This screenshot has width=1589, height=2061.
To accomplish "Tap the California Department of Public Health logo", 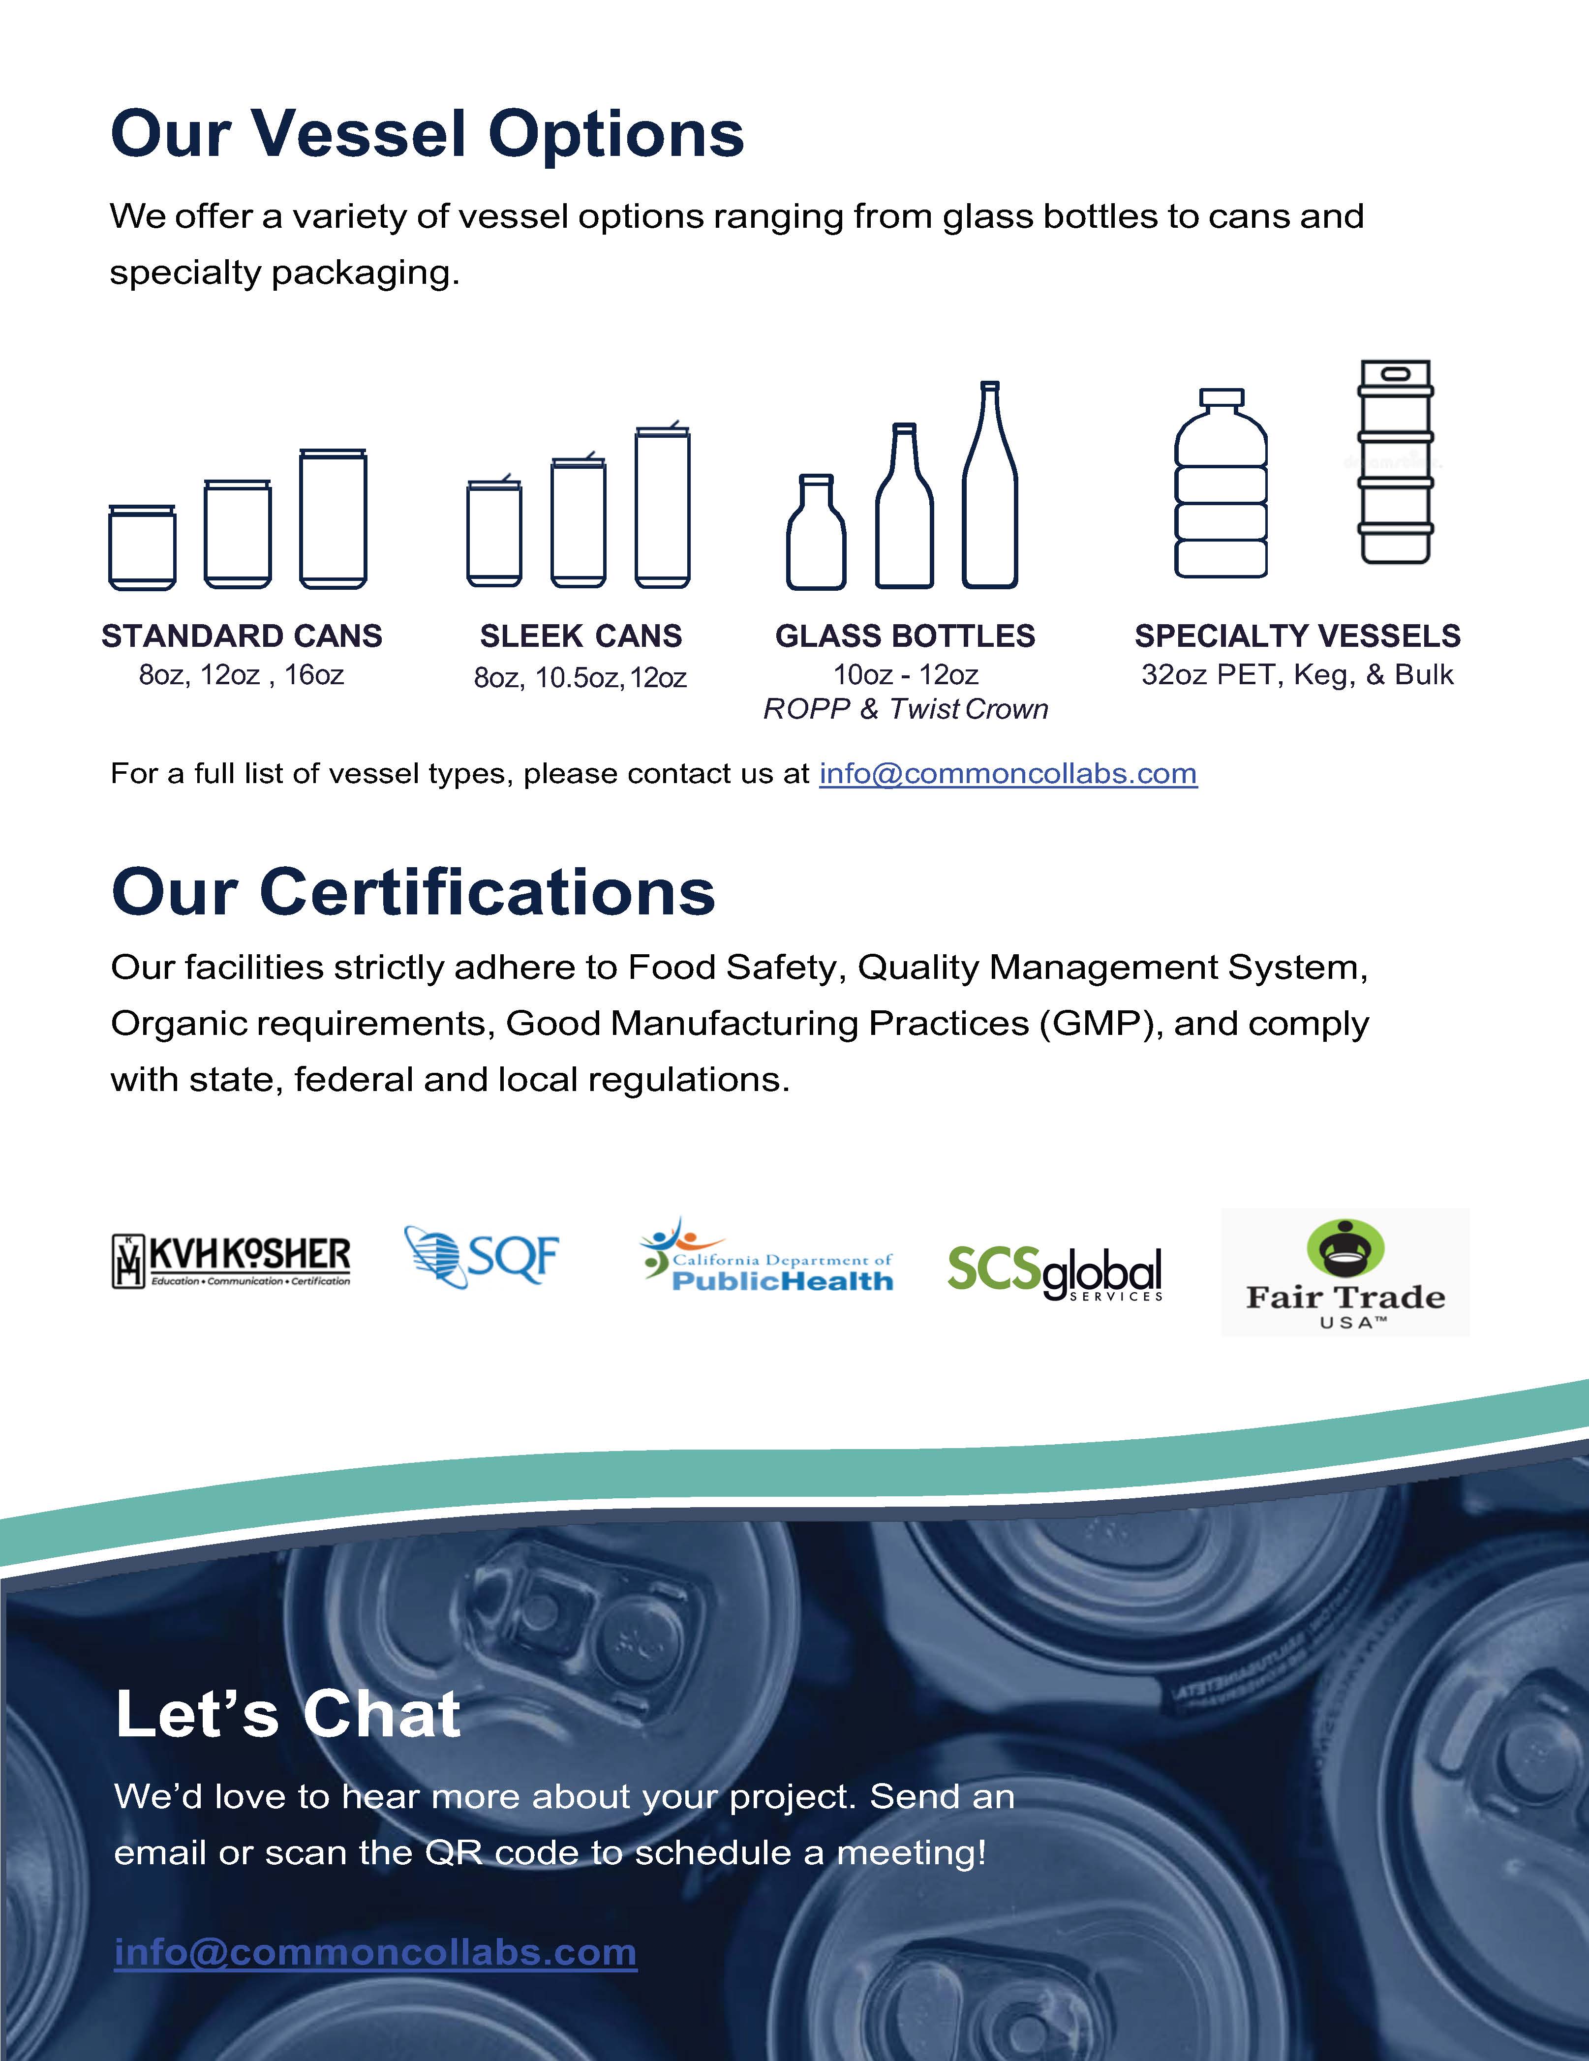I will [766, 1257].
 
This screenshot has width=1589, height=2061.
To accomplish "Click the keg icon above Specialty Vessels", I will [1396, 462].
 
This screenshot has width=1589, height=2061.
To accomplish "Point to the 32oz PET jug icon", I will [1221, 483].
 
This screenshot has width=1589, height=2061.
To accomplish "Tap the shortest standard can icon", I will [143, 547].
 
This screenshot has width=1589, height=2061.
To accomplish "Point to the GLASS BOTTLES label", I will [905, 636].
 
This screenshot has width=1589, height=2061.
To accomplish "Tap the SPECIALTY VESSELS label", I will [1297, 636].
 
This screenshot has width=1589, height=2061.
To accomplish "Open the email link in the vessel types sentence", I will [1008, 774].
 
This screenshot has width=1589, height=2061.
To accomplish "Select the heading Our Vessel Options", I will [428, 133].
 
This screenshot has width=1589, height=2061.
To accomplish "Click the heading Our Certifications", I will [413, 892].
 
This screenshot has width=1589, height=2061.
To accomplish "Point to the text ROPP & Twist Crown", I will [905, 709].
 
